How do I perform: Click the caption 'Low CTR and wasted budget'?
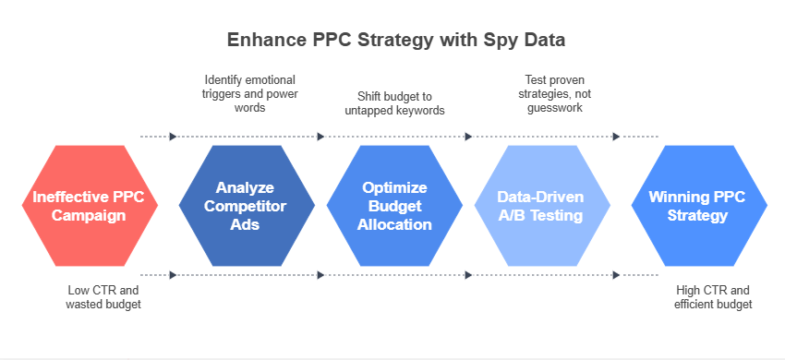[103, 297]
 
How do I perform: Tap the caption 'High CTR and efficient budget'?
[714, 297]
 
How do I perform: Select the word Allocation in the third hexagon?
[395, 224]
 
